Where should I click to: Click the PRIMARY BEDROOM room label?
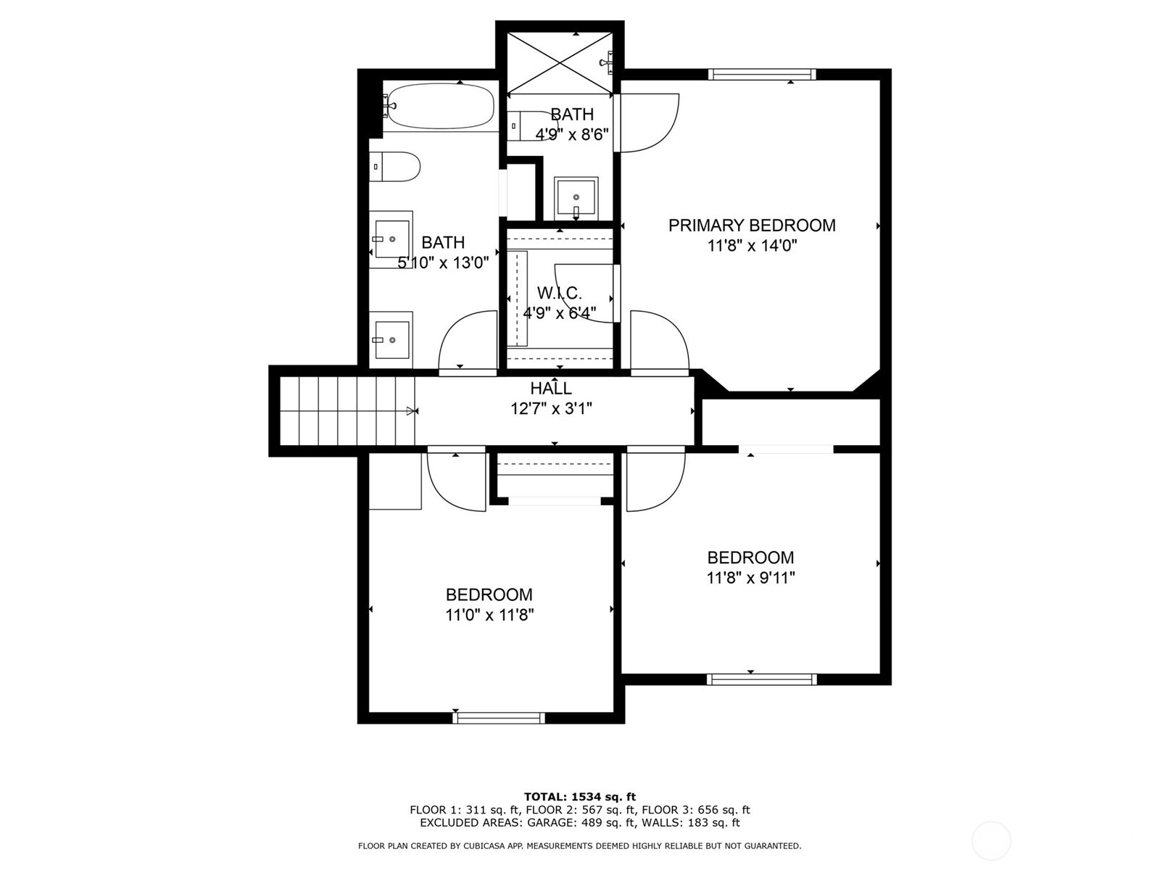coord(752,225)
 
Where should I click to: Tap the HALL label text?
coord(551,389)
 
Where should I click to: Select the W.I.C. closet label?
coord(559,293)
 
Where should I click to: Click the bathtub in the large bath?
coord(439,106)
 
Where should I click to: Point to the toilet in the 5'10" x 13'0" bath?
coord(394,167)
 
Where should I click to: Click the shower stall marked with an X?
coord(560,64)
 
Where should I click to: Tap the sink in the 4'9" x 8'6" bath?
coord(576,199)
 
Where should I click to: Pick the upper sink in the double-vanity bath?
coord(391,239)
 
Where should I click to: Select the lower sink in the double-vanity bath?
coord(391,339)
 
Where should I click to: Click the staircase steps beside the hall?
coord(347,411)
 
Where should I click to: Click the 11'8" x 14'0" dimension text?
coord(752,246)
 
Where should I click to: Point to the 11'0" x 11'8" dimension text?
coord(490,615)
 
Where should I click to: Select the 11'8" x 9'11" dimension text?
coord(751,578)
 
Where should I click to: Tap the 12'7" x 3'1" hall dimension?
coord(551,409)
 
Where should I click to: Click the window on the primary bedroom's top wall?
coord(761,75)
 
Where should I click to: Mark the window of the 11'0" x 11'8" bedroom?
coord(499,718)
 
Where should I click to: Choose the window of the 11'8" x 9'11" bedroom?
coord(761,679)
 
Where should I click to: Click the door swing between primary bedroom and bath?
coord(649,123)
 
